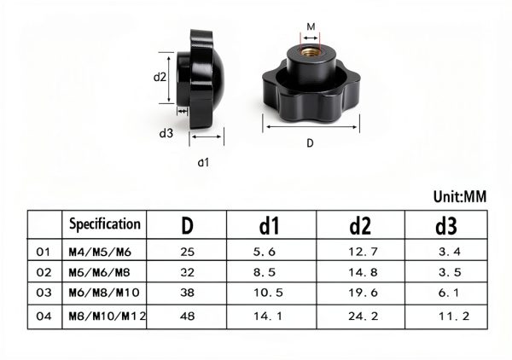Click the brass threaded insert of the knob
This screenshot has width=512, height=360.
coord(310,52)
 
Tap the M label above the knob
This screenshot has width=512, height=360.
coord(311,26)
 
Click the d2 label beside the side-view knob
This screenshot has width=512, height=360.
coord(160,77)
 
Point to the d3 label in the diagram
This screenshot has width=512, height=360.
coord(166,133)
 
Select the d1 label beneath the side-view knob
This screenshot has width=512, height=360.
coord(203,162)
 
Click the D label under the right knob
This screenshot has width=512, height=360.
coord(311,143)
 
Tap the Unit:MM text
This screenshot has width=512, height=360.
coord(460,196)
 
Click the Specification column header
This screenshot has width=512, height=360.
coord(105,224)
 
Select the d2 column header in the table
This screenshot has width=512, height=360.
coord(360,225)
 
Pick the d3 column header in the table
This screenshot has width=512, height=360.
coord(446,225)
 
